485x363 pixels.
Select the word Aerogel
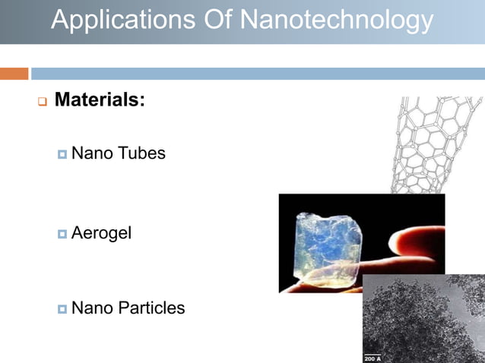pos(101,232)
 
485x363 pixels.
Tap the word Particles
pos(150,308)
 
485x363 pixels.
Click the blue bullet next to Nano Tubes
pos(62,154)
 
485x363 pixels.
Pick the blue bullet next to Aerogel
pos(62,233)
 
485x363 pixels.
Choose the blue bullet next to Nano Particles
pos(62,308)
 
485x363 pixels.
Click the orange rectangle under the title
pos(14,74)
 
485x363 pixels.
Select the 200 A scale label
pos(373,358)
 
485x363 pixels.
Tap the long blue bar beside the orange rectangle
pos(258,74)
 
